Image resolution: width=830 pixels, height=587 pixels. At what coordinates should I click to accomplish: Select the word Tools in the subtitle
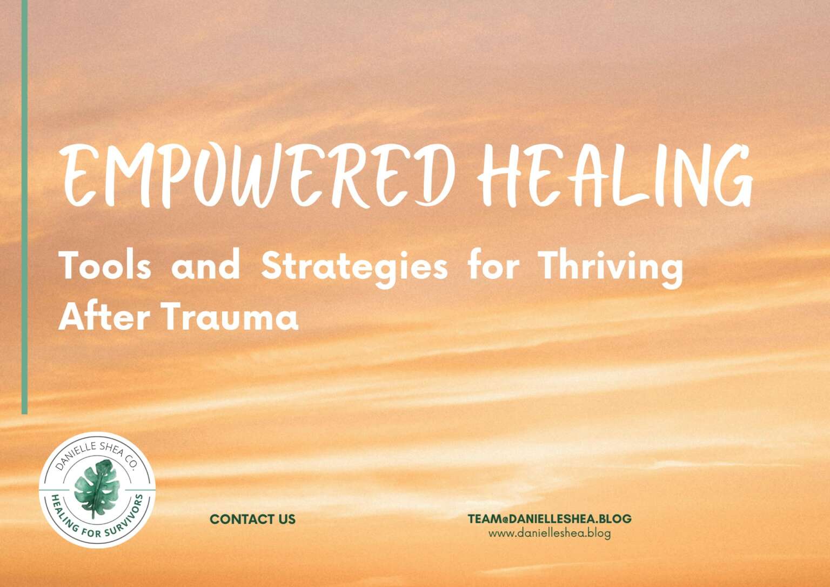click(x=105, y=266)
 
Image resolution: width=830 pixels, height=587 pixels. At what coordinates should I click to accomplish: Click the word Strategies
click(x=354, y=269)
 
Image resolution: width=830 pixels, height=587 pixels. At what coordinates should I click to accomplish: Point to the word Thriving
click(x=611, y=269)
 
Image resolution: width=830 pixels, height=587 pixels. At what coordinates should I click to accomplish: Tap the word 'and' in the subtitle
click(x=206, y=266)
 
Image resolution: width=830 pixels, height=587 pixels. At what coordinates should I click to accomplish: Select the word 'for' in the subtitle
click(x=493, y=266)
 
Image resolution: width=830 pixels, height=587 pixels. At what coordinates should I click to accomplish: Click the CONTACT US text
click(x=253, y=519)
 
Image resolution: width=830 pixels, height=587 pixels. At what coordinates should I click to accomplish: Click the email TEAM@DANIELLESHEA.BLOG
click(x=550, y=519)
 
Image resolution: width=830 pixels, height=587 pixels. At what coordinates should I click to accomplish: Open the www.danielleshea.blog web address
click(x=550, y=533)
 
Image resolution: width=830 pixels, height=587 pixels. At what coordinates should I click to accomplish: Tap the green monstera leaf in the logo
click(x=97, y=489)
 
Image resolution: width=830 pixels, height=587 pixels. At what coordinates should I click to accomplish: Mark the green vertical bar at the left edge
click(x=24, y=207)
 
